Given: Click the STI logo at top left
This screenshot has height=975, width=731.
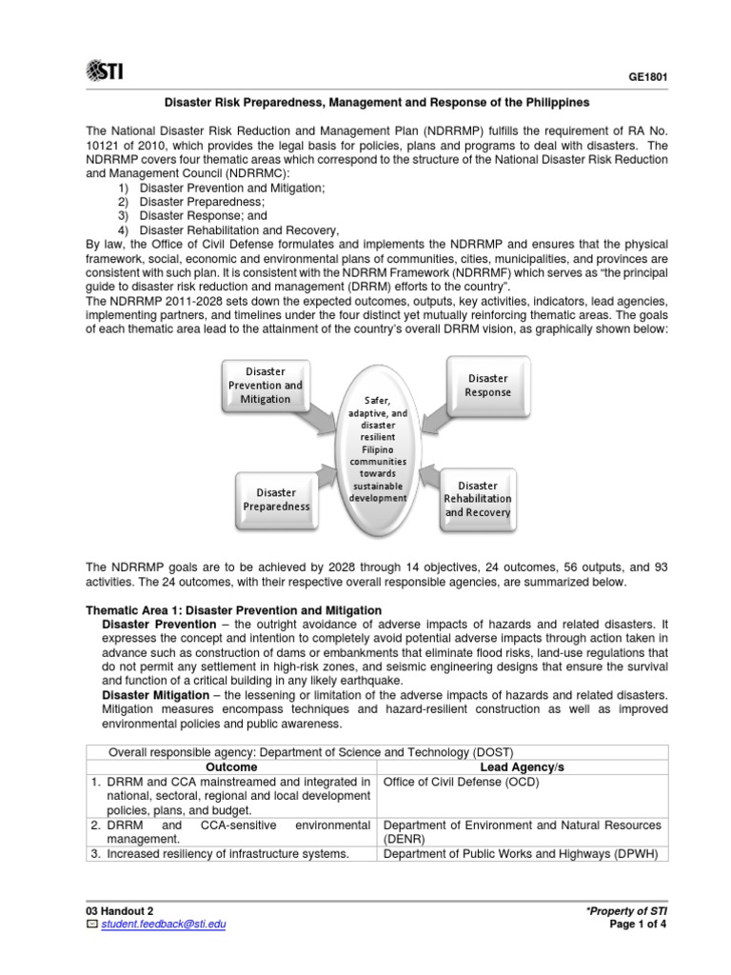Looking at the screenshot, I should click(x=105, y=70).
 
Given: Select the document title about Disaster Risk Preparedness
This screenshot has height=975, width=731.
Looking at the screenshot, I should click(x=378, y=102).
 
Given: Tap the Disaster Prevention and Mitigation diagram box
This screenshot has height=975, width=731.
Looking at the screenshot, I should click(x=265, y=386).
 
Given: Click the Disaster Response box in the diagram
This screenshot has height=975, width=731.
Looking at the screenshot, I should click(x=487, y=385).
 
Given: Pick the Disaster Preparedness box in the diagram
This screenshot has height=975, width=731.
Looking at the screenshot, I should click(x=276, y=499).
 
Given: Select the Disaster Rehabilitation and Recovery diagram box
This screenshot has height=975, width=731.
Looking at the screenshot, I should click(x=478, y=499).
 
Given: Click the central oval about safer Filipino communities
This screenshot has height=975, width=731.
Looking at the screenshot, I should click(x=378, y=445).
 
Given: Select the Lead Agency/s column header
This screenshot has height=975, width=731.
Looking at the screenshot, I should click(x=523, y=766).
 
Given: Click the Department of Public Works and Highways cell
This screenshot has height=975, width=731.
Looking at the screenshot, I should click(x=523, y=853).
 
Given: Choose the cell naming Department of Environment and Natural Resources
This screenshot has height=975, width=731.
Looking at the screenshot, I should click(x=523, y=831).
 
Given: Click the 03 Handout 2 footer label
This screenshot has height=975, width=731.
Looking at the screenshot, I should click(x=119, y=910).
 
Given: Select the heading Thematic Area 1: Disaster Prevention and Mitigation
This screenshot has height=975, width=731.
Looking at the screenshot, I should click(x=234, y=609).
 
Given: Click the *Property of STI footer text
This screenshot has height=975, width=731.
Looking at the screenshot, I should click(x=628, y=910).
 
